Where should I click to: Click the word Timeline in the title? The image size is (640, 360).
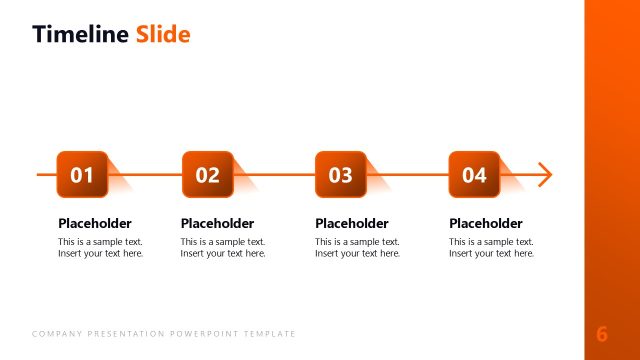(x=80, y=35)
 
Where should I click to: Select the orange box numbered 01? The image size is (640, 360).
(x=82, y=175)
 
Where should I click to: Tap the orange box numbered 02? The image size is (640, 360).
(x=207, y=175)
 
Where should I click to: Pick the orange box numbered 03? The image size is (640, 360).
(x=341, y=175)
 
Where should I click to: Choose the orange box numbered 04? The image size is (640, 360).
(x=474, y=175)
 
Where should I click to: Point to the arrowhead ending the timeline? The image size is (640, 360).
(x=544, y=175)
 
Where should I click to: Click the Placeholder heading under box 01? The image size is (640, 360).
(x=95, y=223)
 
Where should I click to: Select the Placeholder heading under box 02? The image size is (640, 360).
(x=217, y=223)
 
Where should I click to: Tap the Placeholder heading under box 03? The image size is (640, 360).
(x=352, y=223)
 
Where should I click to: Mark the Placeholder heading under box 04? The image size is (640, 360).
(x=486, y=223)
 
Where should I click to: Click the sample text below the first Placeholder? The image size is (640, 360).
(x=100, y=248)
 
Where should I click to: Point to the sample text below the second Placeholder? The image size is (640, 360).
(x=223, y=248)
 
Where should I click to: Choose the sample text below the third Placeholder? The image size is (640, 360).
(x=357, y=248)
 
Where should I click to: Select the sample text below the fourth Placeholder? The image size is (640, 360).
(x=491, y=248)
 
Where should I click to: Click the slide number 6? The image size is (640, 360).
(x=602, y=334)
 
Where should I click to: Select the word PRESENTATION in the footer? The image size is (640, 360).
(x=119, y=334)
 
